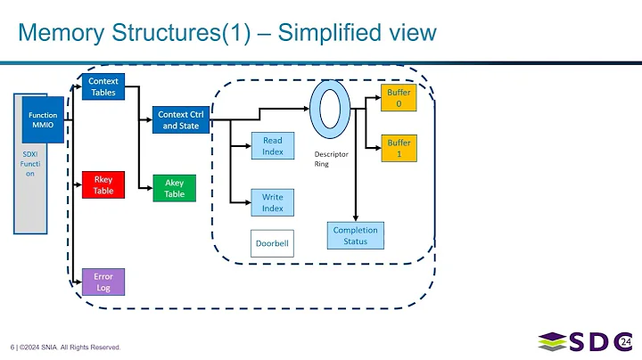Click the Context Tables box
pyautogui.click(x=103, y=87)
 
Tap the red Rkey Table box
pyautogui.click(x=103, y=184)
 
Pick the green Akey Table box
pyautogui.click(x=175, y=188)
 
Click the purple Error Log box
pyautogui.click(x=103, y=282)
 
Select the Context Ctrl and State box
pyautogui.click(x=178, y=119)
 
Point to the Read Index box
pyautogui.click(x=273, y=146)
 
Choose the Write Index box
pyautogui.click(x=273, y=202)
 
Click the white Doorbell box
pyautogui.click(x=272, y=243)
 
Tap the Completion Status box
pyautogui.click(x=356, y=235)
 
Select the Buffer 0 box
pyautogui.click(x=399, y=98)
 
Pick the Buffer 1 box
pyautogui.click(x=399, y=149)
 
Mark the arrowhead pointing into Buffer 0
pyautogui.click(x=377, y=98)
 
